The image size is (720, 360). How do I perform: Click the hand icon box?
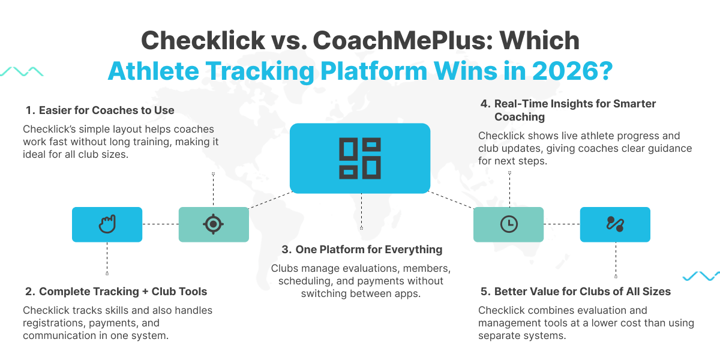[x=107, y=224]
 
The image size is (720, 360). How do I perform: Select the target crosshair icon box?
[x=214, y=224]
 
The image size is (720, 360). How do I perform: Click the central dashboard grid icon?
[x=359, y=158]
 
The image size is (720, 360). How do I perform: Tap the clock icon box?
[x=508, y=224]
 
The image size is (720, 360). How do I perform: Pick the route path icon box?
[x=615, y=224]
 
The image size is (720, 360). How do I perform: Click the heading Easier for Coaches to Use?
[x=106, y=110]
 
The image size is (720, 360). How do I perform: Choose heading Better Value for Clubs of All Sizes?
[x=582, y=292]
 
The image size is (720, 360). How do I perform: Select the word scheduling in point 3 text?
[x=296, y=280]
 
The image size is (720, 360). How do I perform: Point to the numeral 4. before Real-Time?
[x=485, y=104]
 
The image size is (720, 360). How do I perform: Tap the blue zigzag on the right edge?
[x=701, y=276]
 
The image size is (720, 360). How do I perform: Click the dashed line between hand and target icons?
[x=160, y=224]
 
